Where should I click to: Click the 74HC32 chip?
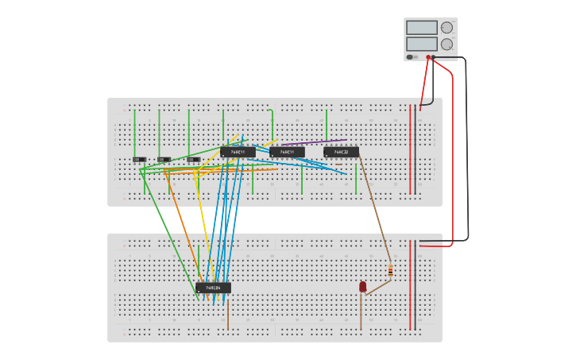click(x=341, y=152)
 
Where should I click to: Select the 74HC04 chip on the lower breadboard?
click(x=213, y=288)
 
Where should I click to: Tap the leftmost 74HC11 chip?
click(x=238, y=152)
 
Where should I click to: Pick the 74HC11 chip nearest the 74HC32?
click(x=287, y=152)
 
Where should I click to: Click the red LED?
click(x=363, y=286)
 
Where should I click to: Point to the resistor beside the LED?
click(x=390, y=271)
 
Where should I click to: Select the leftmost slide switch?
click(x=139, y=160)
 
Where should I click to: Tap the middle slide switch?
click(x=164, y=160)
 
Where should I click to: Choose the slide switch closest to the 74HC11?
click(x=193, y=160)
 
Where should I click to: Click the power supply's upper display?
click(x=422, y=28)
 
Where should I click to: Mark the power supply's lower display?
click(x=422, y=44)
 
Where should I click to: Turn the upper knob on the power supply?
click(x=446, y=28)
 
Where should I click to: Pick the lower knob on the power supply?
click(x=446, y=45)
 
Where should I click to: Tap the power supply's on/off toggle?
click(x=410, y=57)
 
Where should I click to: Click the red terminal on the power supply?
click(x=428, y=57)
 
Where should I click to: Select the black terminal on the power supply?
click(x=433, y=57)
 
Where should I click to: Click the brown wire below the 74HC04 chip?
click(x=228, y=314)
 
